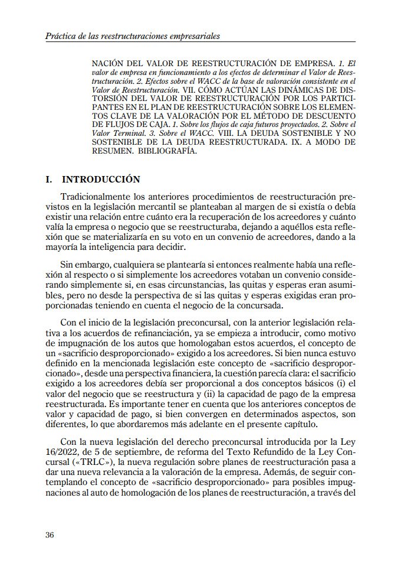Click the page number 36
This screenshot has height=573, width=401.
tap(50, 535)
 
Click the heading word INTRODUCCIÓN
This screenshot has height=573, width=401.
tap(101, 179)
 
